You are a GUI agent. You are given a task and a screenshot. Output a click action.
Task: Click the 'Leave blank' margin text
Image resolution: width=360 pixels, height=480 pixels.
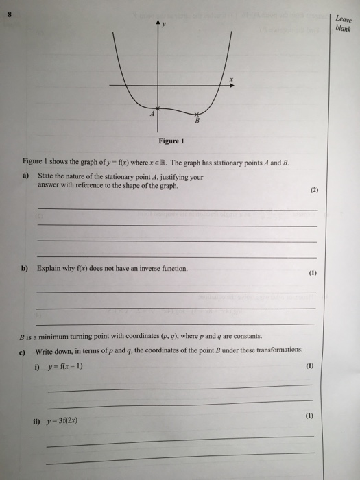[343, 24]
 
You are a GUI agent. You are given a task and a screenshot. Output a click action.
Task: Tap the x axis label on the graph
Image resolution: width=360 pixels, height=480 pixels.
[231, 80]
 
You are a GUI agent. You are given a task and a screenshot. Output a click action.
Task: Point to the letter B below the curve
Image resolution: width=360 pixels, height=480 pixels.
[197, 122]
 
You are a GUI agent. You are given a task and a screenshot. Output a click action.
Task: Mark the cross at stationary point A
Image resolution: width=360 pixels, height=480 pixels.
[158, 108]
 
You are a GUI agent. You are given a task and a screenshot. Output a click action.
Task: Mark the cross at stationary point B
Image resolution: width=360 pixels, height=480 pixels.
[197, 114]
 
